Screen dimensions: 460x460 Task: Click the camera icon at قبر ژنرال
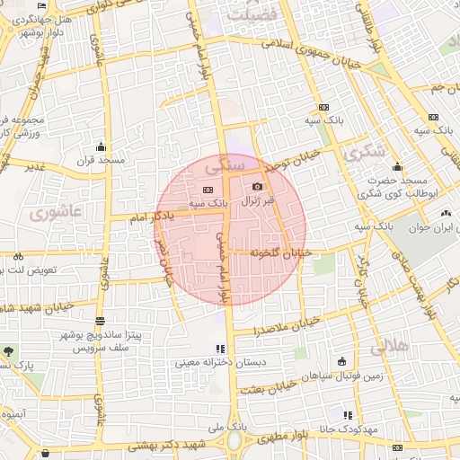259,187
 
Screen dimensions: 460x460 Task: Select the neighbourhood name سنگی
224,166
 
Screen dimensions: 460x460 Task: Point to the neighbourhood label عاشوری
55,213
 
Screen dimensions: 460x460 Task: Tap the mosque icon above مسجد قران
101,147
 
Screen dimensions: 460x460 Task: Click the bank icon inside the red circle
208,190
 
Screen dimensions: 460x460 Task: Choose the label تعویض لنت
32,270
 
